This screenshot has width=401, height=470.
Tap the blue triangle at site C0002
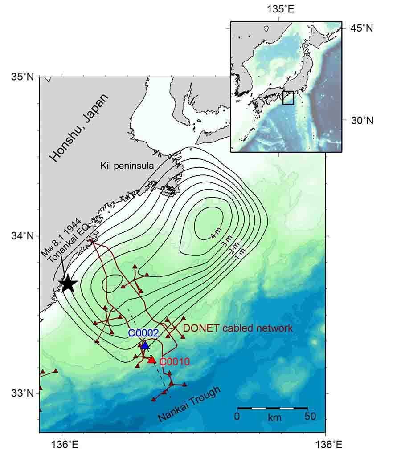145,345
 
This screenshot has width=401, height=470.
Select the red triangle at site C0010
152,359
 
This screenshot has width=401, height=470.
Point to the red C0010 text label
175,362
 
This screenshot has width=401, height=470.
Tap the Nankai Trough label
189,404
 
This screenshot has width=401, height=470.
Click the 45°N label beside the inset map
361,28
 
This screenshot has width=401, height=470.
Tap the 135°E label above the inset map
279,8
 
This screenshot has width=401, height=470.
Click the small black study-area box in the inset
288,97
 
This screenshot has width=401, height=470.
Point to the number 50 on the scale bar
310,417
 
